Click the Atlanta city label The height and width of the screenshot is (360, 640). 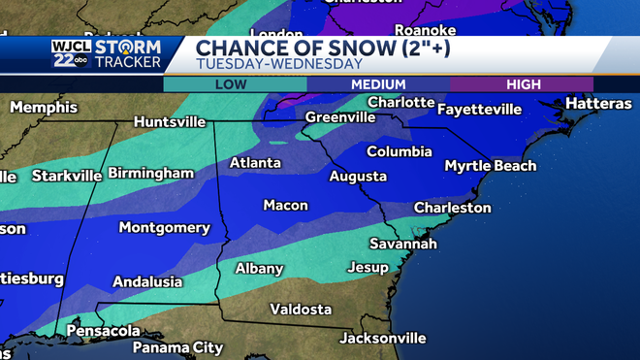[255, 163]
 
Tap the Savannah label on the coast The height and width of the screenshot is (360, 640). [403, 244]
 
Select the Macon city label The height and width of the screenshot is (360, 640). [285, 206]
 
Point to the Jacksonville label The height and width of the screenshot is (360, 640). [382, 339]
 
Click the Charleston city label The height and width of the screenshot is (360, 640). [452, 208]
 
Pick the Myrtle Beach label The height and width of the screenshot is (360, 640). [490, 166]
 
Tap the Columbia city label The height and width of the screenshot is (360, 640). [400, 152]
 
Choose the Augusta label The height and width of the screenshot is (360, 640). [358, 177]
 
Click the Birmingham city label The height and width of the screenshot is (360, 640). [151, 173]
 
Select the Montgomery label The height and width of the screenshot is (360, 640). [164, 228]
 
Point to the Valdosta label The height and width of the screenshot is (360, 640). [301, 310]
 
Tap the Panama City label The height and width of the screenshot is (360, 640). [177, 347]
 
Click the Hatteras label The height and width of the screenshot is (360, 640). [597, 104]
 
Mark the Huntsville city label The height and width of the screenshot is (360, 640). [170, 122]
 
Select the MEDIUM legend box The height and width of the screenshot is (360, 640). [377, 84]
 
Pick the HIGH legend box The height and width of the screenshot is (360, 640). [536, 84]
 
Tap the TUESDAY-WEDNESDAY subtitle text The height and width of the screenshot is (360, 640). [278, 64]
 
